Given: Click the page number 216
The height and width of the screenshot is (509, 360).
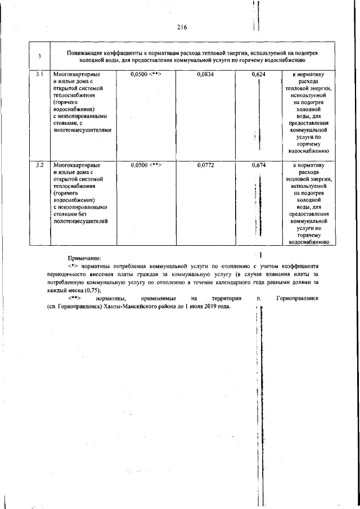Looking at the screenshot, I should coord(181,27).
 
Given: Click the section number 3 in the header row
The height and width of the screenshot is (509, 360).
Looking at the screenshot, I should coord(39,56).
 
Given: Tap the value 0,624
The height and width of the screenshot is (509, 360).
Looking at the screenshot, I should coord(259,74).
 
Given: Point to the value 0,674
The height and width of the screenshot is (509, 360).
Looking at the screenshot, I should coord(259,165).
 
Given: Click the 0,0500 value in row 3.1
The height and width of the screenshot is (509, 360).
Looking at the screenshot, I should coord(139,74).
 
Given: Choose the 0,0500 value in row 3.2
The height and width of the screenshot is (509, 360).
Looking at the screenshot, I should coord(139,165).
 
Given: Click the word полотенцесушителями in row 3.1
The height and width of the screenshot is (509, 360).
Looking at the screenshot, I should coord(82,129).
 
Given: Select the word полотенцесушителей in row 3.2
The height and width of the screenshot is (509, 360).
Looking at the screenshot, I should coord(79,221).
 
